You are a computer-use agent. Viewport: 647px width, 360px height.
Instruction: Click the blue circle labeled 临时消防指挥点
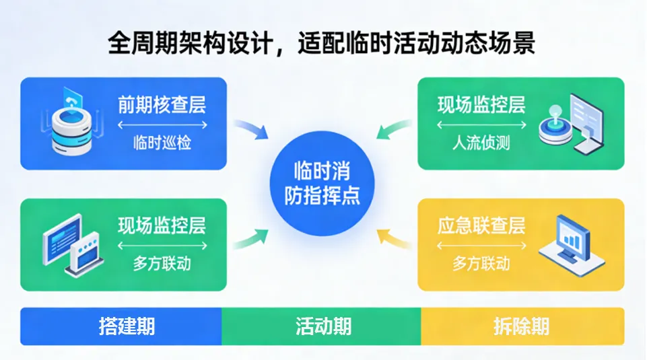coord(322,182)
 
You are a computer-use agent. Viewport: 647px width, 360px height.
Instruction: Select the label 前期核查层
coord(162,105)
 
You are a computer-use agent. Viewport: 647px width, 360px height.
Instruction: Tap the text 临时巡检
coord(162,143)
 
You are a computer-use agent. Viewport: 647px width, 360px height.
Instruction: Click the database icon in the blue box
coord(71,123)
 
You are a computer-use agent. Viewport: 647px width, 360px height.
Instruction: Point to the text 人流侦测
coord(481,143)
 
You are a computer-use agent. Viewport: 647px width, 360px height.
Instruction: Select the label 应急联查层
coord(481,225)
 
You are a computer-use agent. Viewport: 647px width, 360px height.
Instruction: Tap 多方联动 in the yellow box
coord(481,263)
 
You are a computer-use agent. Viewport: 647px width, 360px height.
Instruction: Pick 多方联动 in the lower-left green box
coord(162,263)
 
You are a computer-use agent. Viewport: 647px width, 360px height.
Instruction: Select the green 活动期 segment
coord(322,326)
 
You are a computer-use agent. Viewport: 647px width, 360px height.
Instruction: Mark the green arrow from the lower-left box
coord(250,238)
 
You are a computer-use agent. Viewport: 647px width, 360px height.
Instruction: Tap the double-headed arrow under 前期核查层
coord(162,125)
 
